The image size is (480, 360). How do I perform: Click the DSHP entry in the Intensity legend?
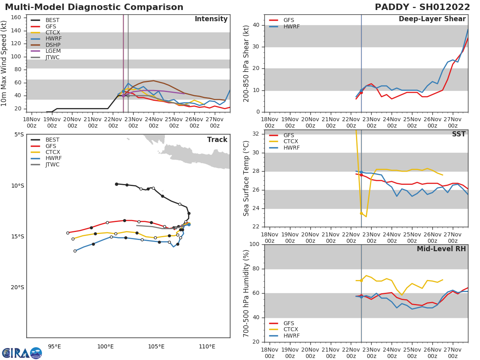click(53, 45)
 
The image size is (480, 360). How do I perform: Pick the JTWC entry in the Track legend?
click(52, 164)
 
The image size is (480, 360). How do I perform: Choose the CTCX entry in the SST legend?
click(290, 142)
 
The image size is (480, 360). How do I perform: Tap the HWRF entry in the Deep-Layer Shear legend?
click(291, 26)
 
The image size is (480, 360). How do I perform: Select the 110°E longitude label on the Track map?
click(207, 346)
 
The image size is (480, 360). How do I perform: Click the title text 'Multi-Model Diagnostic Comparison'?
click(94, 7)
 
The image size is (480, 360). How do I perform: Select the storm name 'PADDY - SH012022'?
click(422, 7)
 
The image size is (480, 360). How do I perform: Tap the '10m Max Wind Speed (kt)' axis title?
click(4, 63)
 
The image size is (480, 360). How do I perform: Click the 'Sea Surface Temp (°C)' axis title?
click(246, 178)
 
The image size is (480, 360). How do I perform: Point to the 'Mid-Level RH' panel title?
click(441, 249)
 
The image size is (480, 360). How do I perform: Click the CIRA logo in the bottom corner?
click(22, 353)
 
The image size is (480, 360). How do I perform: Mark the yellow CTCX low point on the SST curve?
click(366, 216)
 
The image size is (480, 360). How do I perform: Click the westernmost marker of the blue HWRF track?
click(75, 251)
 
